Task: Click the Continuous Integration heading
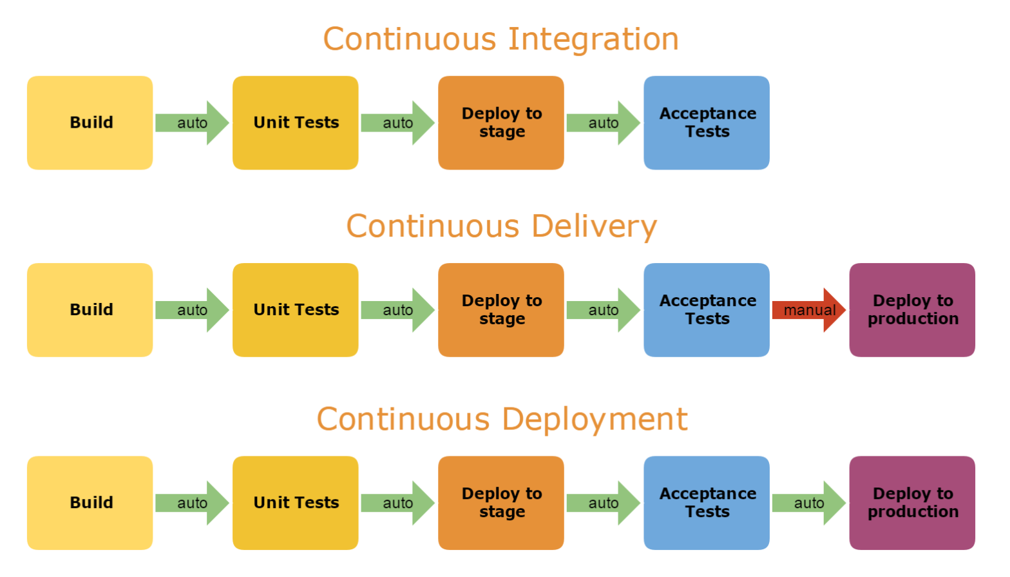tap(500, 39)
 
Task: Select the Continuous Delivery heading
tap(501, 226)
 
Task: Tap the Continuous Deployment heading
tap(502, 419)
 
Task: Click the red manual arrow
tap(808, 310)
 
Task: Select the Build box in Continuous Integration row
tap(90, 122)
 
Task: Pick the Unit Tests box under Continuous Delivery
tap(296, 310)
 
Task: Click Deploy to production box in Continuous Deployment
tap(912, 503)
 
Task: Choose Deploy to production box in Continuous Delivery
tap(912, 310)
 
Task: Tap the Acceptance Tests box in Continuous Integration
tap(707, 122)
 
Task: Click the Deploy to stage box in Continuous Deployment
tap(501, 503)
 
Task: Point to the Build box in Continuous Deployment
tap(90, 503)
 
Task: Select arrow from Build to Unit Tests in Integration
tap(192, 122)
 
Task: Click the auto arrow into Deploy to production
tap(808, 503)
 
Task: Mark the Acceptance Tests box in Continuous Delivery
tap(707, 310)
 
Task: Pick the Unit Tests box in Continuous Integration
tap(296, 122)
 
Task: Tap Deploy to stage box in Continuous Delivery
tap(501, 310)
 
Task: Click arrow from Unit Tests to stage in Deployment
tap(397, 503)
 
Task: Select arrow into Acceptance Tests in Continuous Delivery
tap(603, 310)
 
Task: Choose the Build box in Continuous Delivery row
tap(90, 310)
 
